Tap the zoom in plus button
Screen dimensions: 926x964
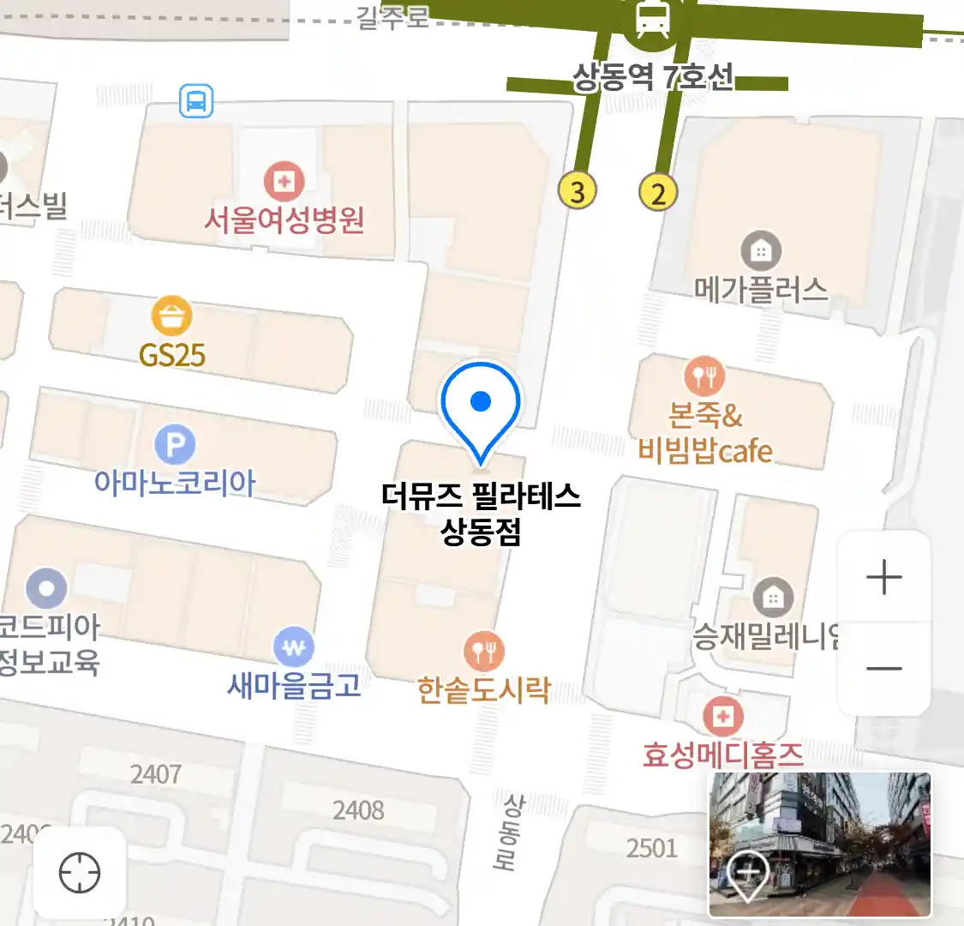(883, 578)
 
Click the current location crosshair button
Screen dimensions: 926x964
(80, 874)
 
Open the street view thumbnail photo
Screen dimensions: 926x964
(819, 844)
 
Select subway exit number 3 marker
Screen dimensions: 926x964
(578, 191)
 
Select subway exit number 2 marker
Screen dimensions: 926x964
(658, 192)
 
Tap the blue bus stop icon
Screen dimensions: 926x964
(196, 102)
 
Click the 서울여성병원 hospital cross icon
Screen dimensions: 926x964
(284, 181)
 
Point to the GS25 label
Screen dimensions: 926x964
(172, 354)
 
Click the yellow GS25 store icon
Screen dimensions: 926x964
(172, 316)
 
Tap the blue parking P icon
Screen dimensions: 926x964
(176, 445)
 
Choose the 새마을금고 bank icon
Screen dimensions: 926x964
(294, 648)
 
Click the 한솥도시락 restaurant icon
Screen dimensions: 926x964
(484, 652)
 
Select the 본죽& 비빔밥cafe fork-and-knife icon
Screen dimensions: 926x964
(704, 376)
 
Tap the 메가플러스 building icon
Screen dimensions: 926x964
(760, 251)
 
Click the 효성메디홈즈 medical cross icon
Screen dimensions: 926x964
(723, 716)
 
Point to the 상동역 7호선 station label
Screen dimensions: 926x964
(653, 78)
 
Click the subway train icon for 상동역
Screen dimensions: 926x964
(653, 20)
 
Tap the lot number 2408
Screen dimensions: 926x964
(358, 809)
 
